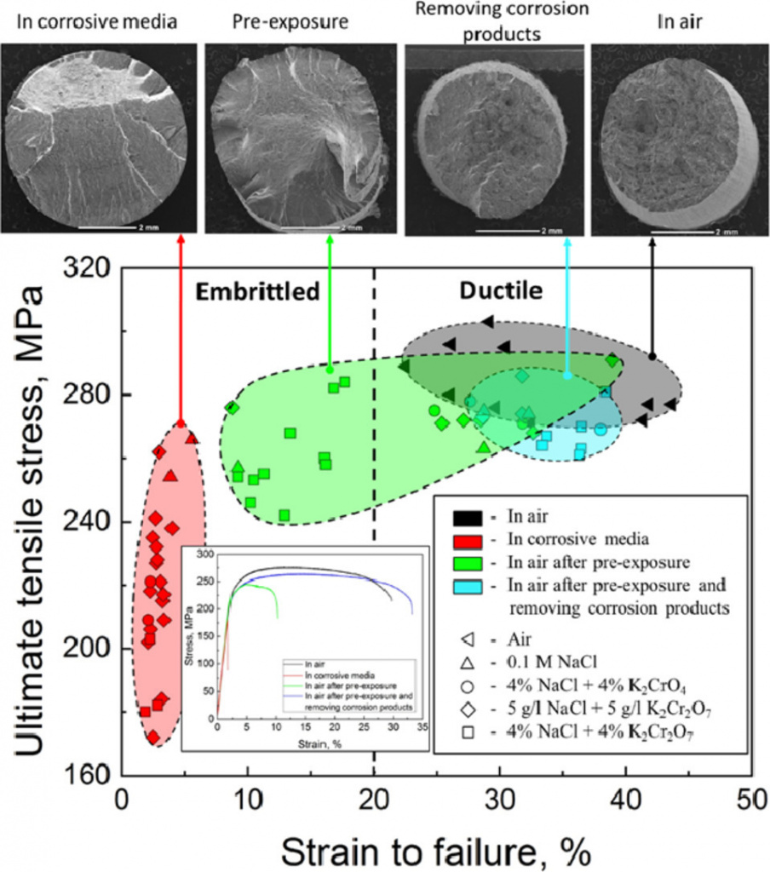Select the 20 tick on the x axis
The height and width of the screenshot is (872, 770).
click(374, 802)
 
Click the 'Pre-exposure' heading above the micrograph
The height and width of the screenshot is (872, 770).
click(290, 22)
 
